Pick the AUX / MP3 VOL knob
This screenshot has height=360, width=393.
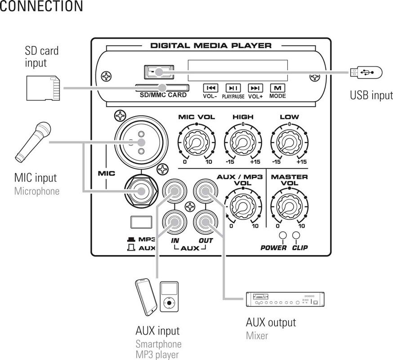[243, 205]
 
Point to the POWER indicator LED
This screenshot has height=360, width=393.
[283, 236]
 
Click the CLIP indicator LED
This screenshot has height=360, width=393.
[296, 236]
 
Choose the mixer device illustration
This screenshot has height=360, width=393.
[284, 300]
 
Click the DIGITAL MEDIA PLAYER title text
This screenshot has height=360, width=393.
[210, 45]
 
